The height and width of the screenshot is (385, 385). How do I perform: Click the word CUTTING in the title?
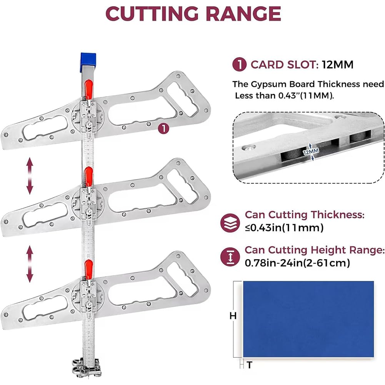pyautogui.click(x=152, y=13)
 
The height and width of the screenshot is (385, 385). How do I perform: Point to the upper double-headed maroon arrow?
pyautogui.click(x=30, y=176)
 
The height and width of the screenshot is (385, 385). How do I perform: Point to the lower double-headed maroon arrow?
pyautogui.click(x=30, y=264)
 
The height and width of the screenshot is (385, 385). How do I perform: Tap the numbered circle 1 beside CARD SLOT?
pyautogui.click(x=239, y=64)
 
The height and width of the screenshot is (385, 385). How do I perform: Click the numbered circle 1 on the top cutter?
pyautogui.click(x=163, y=128)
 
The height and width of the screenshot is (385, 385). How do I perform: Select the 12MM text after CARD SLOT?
pyautogui.click(x=338, y=65)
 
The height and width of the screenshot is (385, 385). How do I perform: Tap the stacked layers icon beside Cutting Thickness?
pyautogui.click(x=230, y=223)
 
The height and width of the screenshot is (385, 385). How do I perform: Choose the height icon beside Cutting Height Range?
pyautogui.click(x=230, y=257)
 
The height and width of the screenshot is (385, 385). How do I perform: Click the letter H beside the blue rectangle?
pyautogui.click(x=233, y=315)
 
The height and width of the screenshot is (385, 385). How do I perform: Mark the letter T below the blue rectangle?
pyautogui.click(x=250, y=365)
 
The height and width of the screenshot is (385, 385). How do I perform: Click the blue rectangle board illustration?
pyautogui.click(x=308, y=319)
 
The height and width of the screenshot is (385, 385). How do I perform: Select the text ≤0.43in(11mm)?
pyautogui.click(x=284, y=228)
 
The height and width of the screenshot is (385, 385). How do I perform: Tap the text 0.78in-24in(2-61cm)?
pyautogui.click(x=297, y=263)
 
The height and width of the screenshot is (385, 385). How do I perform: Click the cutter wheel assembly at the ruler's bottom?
pyautogui.click(x=87, y=367)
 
